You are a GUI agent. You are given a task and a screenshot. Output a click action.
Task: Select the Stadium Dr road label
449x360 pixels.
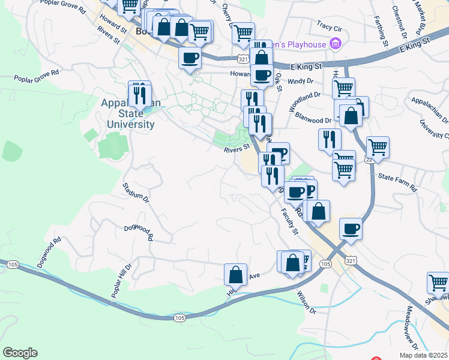coord(135,193)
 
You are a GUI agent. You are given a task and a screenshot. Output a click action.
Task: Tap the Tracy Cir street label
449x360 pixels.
coord(329,27)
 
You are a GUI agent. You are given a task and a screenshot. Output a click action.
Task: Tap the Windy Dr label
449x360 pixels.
coord(301,81)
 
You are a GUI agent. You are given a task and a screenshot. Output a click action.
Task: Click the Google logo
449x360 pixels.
coord(20,353)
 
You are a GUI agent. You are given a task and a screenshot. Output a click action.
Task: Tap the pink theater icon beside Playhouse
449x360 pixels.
coord(336,44)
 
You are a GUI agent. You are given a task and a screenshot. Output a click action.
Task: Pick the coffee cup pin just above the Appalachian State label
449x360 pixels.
coord(190,58)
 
